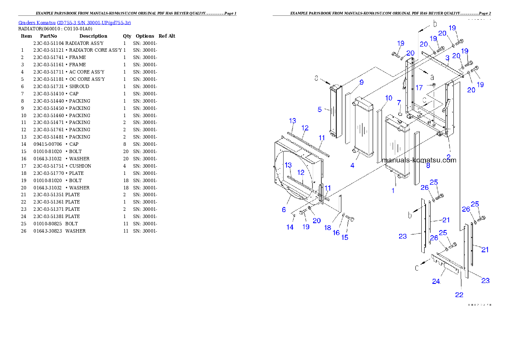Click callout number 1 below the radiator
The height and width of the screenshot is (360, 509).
pyautogui.click(x=394, y=191)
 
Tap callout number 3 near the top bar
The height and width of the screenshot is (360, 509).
pyautogui.click(x=447, y=58)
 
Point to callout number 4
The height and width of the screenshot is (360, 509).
pyautogui.click(x=352, y=165)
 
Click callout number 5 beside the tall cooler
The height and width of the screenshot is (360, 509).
pyautogui.click(x=320, y=109)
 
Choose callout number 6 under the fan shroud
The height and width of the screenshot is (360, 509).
pyautogui.click(x=284, y=210)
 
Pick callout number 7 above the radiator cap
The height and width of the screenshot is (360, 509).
pyautogui.click(x=399, y=103)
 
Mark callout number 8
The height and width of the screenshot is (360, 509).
pyautogui.click(x=428, y=165)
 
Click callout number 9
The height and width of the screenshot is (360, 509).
pyautogui.click(x=361, y=82)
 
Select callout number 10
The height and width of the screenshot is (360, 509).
pyautogui.click(x=388, y=98)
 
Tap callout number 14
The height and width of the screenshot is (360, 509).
pyautogui.click(x=290, y=227)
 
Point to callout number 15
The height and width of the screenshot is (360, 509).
pyautogui.click(x=345, y=237)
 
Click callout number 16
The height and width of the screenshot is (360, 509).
pyautogui.click(x=336, y=233)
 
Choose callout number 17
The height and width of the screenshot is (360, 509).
pyautogui.click(x=419, y=87)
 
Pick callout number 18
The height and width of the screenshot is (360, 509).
pyautogui.click(x=328, y=228)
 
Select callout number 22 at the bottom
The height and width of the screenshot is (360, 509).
pyautogui.click(x=459, y=295)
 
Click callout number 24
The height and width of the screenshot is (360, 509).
pyautogui.click(x=436, y=281)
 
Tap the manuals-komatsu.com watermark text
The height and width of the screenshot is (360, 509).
pyautogui.click(x=419, y=160)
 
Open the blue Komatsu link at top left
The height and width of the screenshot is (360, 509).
pyautogui.click(x=75, y=23)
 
